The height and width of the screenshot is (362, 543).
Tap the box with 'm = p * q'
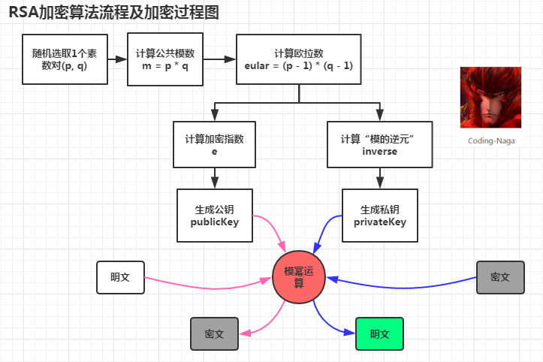(x=165, y=59)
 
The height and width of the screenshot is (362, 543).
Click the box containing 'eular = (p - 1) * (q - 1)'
(x=299, y=59)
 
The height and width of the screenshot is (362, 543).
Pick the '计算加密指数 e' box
(x=214, y=145)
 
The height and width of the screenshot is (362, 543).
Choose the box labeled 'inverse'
(x=379, y=145)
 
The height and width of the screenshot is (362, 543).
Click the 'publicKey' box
(x=214, y=216)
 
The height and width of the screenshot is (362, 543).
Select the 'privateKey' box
(x=379, y=216)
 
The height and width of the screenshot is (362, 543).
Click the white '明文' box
(x=120, y=277)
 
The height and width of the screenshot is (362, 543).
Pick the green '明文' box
(x=379, y=333)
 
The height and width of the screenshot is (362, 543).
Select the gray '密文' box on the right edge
(x=500, y=277)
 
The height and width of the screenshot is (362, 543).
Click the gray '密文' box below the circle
(x=214, y=333)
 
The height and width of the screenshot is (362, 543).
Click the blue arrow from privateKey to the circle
(x=326, y=229)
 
